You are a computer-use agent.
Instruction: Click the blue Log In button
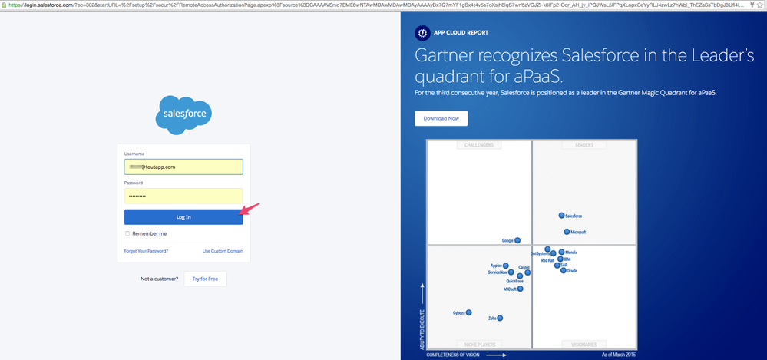point(183,217)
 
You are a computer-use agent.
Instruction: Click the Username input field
point(183,167)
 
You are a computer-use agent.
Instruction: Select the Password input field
point(183,196)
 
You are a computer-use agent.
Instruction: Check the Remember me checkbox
point(127,233)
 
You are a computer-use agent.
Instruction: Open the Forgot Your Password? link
point(146,251)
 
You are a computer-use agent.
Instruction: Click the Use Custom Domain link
point(223,251)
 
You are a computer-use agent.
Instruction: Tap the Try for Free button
point(205,279)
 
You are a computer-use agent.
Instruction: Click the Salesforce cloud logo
point(183,115)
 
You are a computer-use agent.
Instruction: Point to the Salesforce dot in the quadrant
point(561,216)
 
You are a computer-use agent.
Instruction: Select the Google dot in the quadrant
point(517,240)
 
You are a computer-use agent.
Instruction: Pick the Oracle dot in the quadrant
point(563,271)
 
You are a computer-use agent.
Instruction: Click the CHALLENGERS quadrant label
point(478,145)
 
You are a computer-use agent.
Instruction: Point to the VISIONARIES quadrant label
point(584,345)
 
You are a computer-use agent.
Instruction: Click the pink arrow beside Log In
point(250,209)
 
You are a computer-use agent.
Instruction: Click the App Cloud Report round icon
point(422,33)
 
